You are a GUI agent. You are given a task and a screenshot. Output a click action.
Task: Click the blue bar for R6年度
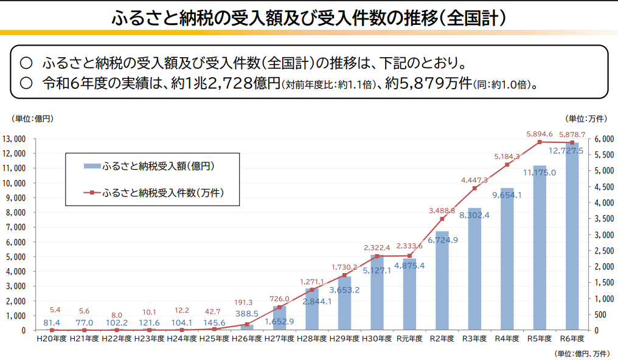(x=572, y=243)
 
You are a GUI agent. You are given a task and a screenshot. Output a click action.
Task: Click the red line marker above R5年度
(x=540, y=142)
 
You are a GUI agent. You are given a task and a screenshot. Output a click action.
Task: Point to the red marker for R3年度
(x=474, y=188)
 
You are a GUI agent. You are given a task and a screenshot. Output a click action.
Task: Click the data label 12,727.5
(x=566, y=151)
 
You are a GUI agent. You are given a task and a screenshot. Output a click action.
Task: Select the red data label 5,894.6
(x=539, y=134)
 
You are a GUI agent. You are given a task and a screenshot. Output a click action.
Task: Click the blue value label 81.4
(x=52, y=322)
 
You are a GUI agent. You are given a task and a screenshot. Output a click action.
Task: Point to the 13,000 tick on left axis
(x=14, y=139)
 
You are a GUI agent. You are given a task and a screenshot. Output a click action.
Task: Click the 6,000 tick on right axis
(x=605, y=139)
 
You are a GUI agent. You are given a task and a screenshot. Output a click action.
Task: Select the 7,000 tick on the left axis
(x=16, y=227)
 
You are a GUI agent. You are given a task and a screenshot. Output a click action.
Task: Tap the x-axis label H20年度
(x=52, y=339)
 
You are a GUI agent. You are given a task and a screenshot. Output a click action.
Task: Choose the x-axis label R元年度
(x=409, y=339)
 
